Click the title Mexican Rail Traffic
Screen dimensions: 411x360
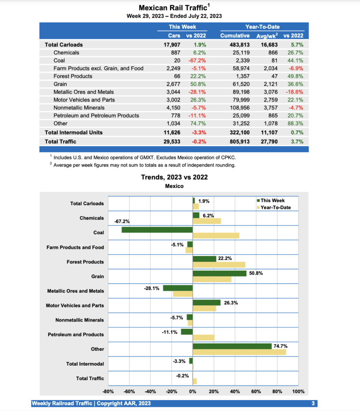pos(173,8)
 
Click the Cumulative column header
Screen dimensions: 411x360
pos(235,36)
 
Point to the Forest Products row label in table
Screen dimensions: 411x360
pos(73,76)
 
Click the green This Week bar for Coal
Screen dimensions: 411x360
pos(157,230)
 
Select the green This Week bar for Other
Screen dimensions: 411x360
pos(232,346)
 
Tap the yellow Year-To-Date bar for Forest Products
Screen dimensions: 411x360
pos(219,265)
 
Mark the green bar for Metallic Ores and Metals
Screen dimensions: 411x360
pos(178,288)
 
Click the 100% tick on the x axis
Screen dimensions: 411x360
pos(298,392)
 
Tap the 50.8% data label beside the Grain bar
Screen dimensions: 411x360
pos(256,273)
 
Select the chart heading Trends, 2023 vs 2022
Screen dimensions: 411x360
pos(174,177)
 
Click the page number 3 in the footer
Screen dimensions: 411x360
pos(313,403)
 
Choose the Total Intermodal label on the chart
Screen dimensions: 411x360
pos(85,364)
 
